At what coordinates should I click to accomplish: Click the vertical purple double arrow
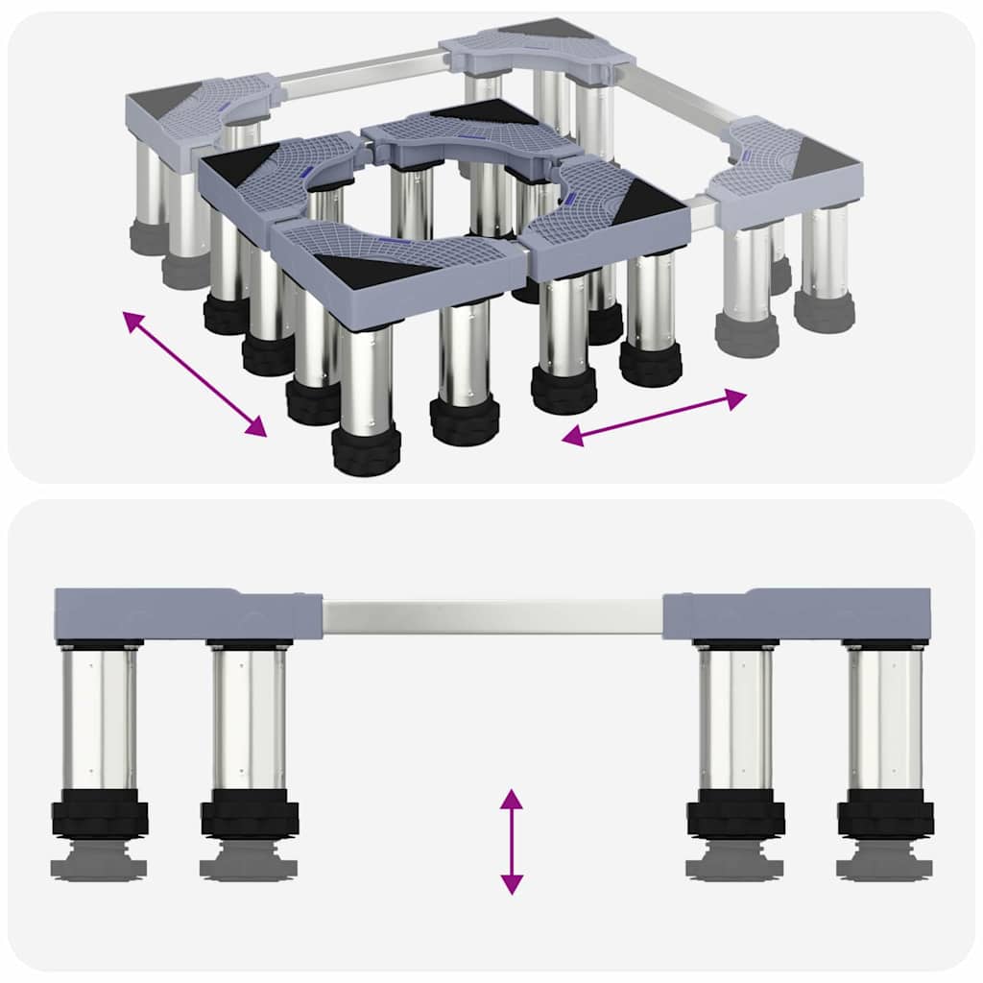(512, 842)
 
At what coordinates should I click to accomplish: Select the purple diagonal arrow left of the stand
(195, 374)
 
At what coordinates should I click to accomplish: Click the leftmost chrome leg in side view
(99, 715)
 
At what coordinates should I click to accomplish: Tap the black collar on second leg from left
(250, 814)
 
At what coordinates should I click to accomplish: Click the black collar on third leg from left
(735, 814)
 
